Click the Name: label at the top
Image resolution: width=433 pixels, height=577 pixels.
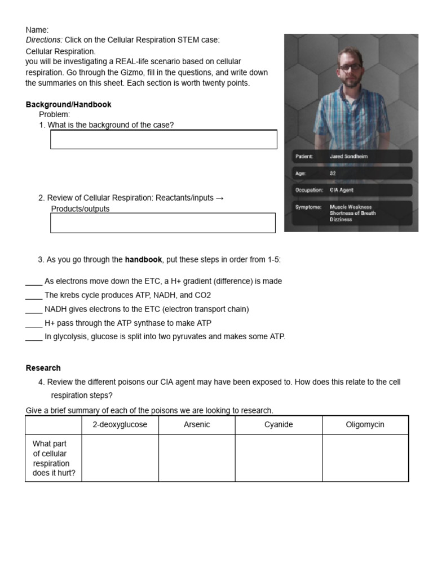(x=37, y=29)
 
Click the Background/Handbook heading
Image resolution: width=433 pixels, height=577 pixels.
(x=68, y=104)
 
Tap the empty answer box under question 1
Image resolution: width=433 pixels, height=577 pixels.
(x=164, y=139)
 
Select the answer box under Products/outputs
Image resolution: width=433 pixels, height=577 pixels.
(x=163, y=223)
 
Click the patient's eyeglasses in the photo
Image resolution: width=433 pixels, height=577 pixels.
(x=350, y=67)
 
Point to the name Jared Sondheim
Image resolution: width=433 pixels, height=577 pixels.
(x=348, y=156)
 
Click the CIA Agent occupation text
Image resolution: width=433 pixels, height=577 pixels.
(x=342, y=190)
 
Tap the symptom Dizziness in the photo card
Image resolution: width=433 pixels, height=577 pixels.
(x=341, y=219)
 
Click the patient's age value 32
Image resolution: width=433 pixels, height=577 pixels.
(x=333, y=173)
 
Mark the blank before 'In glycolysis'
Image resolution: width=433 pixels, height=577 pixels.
(x=34, y=337)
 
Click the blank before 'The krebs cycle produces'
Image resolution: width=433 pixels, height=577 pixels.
(x=34, y=295)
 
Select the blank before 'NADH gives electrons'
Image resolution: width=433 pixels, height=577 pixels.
(x=34, y=309)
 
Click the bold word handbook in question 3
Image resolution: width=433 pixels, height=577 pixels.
(x=143, y=260)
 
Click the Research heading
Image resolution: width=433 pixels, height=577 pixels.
(x=43, y=368)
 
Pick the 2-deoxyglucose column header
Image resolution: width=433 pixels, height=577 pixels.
(x=120, y=425)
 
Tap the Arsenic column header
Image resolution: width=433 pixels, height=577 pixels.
(x=197, y=425)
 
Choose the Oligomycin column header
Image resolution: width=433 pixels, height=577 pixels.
(x=365, y=425)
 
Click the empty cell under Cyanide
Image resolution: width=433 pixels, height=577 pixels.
(x=279, y=458)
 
